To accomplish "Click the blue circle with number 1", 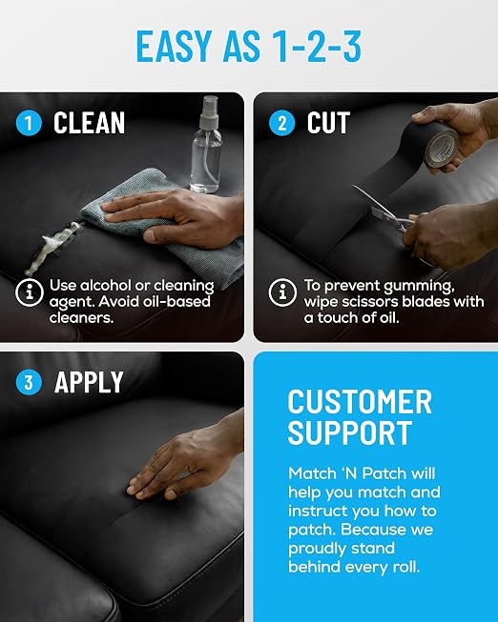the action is [x=29, y=123].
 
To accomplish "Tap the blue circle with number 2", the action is [x=281, y=123].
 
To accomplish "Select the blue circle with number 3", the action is [x=29, y=382].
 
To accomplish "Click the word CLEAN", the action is [x=89, y=123].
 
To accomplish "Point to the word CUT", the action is [x=328, y=123].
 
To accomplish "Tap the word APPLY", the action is [x=89, y=382].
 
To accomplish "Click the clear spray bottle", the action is [x=206, y=144].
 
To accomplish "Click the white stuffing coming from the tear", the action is [x=53, y=248].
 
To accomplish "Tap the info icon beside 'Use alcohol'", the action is [x=30, y=292].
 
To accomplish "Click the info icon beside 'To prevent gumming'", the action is [x=282, y=292].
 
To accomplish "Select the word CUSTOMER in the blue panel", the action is [x=360, y=402].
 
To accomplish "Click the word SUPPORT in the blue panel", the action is [x=350, y=432].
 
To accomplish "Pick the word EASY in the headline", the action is [x=174, y=46].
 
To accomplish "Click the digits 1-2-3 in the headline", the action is [x=317, y=46].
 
